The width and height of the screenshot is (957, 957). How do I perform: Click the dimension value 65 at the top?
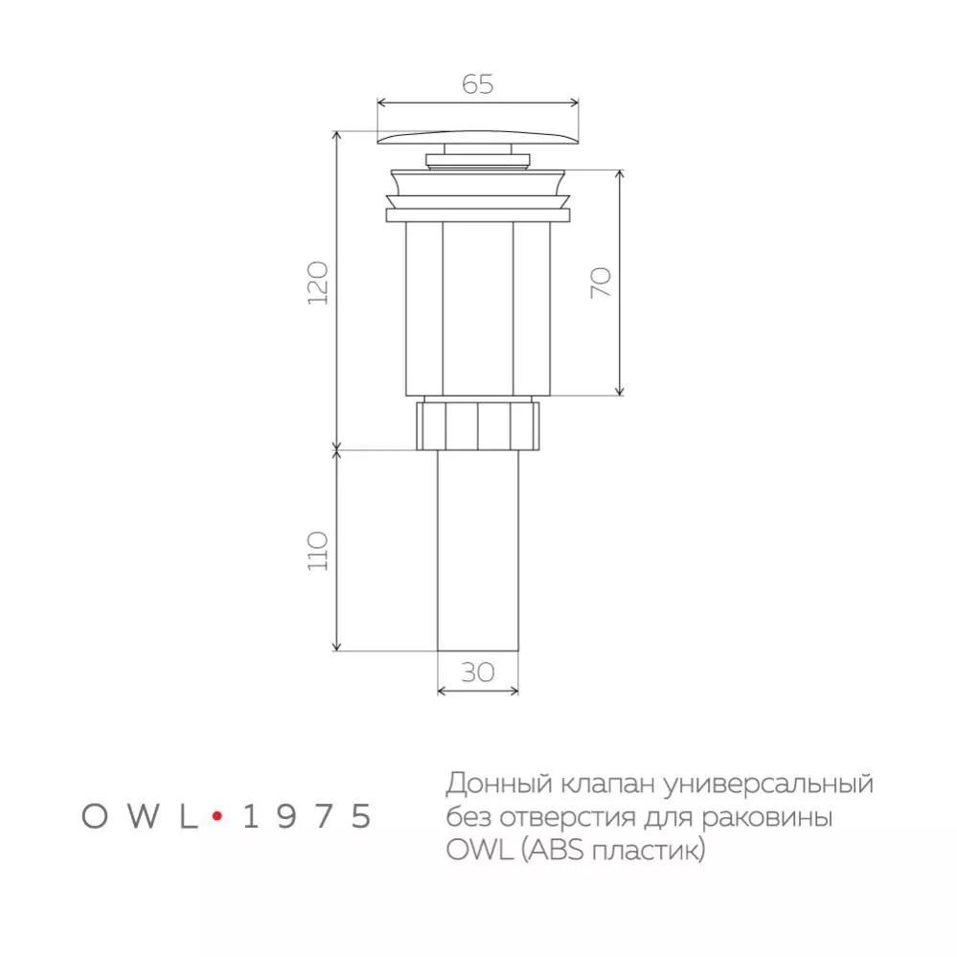477,83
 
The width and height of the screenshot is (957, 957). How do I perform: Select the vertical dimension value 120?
318,284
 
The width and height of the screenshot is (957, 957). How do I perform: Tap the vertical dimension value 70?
601,283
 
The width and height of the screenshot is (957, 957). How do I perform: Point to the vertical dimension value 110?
318,551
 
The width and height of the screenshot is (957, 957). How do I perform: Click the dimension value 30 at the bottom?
477,672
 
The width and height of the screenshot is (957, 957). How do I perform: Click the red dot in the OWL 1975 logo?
216,815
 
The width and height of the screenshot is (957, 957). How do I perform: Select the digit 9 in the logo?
286,816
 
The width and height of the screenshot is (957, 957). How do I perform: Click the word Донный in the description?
499,783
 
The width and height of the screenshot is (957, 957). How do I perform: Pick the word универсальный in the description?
768,785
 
